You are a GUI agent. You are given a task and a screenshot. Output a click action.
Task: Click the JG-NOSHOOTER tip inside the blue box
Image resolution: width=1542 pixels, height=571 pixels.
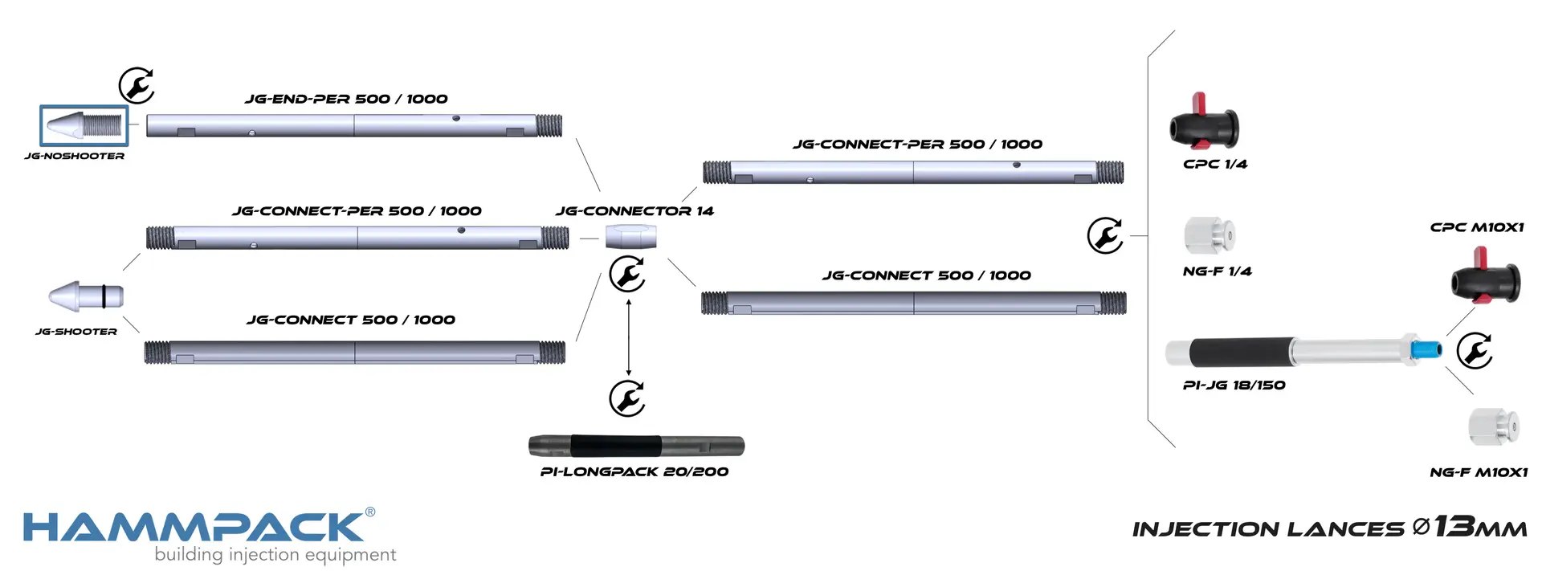point(84,125)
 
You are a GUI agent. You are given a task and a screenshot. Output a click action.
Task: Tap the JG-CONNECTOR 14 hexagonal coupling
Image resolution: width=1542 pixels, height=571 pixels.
point(630,237)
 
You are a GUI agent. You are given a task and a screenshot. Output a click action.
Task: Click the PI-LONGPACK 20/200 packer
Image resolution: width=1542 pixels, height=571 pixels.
point(636,446)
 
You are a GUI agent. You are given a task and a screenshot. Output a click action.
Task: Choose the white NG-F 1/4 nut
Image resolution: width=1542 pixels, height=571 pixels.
point(1210,235)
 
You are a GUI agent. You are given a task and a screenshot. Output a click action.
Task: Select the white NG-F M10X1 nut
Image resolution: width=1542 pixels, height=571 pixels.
point(1494,426)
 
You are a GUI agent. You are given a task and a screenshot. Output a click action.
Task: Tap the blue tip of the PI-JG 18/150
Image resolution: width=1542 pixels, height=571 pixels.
point(1426,349)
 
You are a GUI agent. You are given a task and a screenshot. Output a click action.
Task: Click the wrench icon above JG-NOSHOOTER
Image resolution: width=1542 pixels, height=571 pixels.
point(137,85)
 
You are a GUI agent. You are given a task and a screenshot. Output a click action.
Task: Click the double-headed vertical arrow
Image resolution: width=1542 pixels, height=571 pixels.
point(629,337)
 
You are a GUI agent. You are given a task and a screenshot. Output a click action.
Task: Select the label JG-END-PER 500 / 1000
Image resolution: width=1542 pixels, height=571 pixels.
point(346,99)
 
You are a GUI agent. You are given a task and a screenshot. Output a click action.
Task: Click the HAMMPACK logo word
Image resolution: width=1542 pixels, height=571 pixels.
point(194,528)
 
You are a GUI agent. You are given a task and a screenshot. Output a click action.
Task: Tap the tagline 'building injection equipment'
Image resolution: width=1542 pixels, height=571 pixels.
point(275,555)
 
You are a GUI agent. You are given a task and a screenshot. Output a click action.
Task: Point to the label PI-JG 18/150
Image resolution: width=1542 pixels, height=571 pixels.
point(1234,385)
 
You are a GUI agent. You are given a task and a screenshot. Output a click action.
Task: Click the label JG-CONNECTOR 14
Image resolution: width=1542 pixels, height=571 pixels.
point(634,211)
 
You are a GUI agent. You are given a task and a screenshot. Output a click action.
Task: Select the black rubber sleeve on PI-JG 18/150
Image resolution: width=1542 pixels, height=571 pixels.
point(1241,352)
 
